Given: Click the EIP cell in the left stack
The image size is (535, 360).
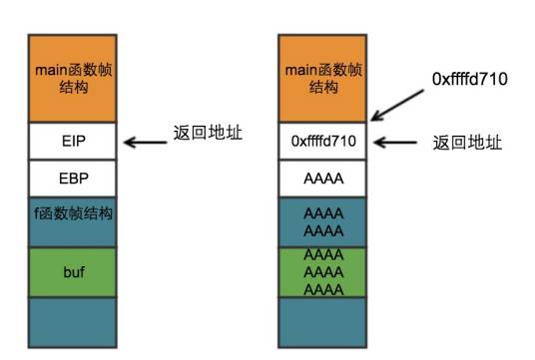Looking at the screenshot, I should [72, 142].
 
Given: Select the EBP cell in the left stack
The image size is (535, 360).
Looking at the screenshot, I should [72, 179].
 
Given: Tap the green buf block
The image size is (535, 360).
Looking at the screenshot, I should [72, 270].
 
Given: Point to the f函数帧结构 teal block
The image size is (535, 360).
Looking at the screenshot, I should [72, 220].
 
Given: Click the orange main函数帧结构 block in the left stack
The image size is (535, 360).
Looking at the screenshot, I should [72, 78].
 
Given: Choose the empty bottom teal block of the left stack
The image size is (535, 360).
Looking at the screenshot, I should [72, 321].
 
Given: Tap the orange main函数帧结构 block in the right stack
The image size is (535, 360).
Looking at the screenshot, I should [323, 78].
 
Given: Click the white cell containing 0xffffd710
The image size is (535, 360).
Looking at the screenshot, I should [323, 142].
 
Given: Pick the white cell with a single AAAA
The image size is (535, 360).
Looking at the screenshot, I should [323, 179].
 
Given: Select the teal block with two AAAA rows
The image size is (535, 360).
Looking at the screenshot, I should [323, 220].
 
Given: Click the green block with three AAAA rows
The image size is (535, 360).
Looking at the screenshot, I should [323, 270].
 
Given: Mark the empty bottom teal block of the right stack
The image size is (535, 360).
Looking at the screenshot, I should [323, 321].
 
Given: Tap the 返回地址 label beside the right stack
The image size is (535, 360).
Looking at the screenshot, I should [466, 143].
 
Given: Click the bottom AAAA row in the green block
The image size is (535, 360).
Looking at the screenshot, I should [323, 287].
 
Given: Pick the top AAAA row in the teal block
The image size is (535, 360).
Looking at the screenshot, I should [323, 212].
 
